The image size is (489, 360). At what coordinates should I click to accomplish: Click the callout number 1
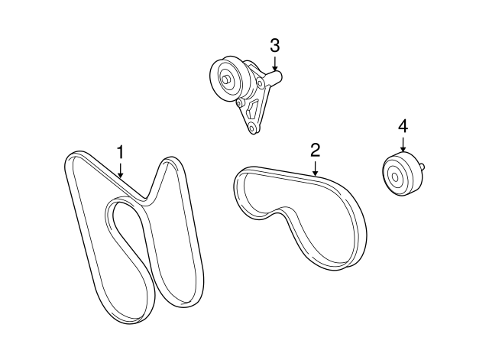120,151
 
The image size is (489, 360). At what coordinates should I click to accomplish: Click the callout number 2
314,150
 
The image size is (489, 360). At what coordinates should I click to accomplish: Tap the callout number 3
274,45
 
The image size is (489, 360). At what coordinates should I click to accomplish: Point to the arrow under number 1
120,170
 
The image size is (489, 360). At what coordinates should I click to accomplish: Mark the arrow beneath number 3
274,64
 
